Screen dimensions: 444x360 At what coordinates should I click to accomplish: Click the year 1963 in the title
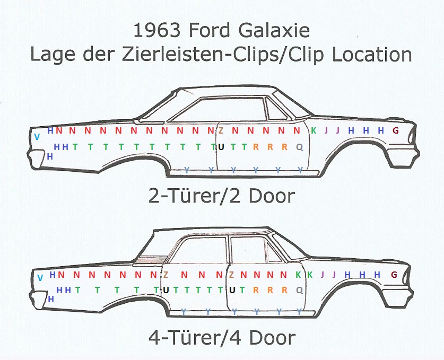point(157,30)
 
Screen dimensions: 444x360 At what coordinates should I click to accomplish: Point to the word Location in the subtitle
point(372,55)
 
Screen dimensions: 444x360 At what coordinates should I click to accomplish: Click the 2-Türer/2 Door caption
point(222,196)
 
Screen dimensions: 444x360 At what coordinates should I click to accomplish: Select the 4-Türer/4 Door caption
point(222,337)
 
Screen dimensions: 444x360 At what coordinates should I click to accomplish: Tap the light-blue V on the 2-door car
point(37,137)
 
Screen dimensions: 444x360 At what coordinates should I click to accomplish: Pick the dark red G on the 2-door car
point(396,130)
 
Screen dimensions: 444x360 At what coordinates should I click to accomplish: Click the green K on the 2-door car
point(314,130)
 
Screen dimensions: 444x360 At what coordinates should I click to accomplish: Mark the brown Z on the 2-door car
point(221,130)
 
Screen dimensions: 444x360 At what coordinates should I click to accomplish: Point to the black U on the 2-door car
point(221,147)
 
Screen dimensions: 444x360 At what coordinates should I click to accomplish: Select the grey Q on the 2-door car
point(300,147)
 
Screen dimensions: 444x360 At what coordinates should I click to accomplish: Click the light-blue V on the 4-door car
point(40,278)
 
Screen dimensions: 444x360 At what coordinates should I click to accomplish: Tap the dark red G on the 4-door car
point(394,274)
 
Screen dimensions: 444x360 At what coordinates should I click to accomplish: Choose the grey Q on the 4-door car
point(300,290)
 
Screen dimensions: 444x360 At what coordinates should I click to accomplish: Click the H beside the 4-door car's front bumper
point(51,299)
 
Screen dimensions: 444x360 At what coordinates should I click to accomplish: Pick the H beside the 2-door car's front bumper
point(50,156)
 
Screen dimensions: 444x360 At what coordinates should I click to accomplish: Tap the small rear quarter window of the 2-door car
point(275,110)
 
